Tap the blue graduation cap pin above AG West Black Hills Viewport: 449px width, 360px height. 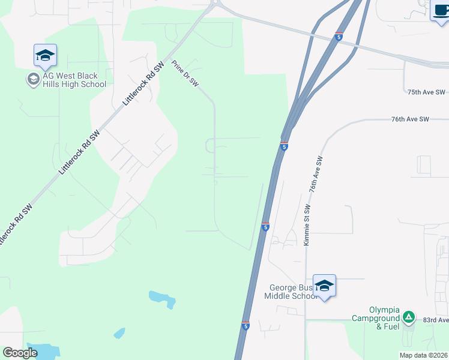coord(45,56)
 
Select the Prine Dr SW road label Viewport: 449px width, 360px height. coord(185,74)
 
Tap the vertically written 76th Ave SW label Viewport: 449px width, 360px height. coord(316,174)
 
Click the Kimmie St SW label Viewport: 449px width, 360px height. coord(307,225)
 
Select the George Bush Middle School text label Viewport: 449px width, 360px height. coord(291,292)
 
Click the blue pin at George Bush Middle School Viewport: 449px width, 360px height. coord(324,286)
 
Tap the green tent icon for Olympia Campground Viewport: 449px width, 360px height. coord(408,316)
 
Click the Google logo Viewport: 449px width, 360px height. coord(20,353)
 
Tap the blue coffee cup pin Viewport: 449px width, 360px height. coord(440,10)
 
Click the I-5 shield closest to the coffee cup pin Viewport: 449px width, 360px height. coord(339,37)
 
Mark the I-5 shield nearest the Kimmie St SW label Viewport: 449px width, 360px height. coord(265,226)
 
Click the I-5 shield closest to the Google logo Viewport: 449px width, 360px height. coord(246,325)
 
